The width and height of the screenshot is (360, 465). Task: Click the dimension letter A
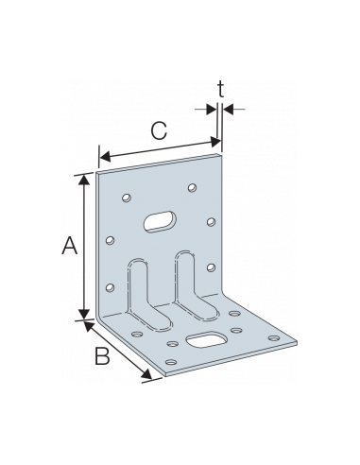(x=68, y=247)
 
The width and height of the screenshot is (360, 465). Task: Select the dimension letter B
(x=102, y=355)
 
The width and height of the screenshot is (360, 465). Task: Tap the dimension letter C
(x=161, y=131)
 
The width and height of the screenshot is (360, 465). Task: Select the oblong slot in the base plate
(x=205, y=339)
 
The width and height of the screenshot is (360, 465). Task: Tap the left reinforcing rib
(x=145, y=288)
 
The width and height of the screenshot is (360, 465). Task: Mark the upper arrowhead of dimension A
(x=87, y=177)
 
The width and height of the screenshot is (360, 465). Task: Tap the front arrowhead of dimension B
(x=149, y=380)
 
